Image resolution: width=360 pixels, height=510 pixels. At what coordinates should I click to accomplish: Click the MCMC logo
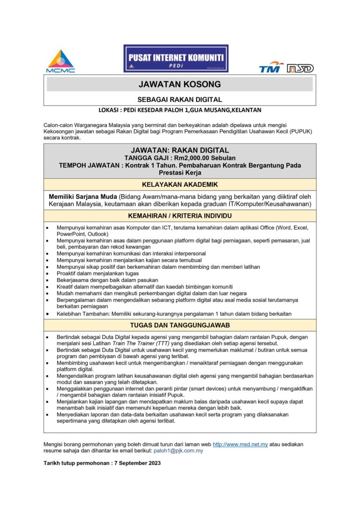60,61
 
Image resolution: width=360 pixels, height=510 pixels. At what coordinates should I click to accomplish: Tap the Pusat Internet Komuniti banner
176,58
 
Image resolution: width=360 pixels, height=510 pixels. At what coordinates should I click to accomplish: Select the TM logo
271,68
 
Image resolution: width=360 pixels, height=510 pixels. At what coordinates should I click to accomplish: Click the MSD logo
300,68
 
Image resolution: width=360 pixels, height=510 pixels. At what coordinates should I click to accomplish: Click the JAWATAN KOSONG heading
180,84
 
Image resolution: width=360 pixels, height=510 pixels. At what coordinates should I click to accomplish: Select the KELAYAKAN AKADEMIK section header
180,184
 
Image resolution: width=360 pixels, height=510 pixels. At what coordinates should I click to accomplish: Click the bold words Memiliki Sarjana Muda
83,196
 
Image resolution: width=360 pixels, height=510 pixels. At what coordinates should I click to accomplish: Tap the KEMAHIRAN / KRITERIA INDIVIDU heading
180,216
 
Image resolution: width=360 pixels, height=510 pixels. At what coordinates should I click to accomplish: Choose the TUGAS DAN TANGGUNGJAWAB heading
180,325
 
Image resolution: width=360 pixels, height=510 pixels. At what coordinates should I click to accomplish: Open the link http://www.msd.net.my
240,444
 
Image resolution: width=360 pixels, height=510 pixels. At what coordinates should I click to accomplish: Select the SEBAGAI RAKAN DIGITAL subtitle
180,99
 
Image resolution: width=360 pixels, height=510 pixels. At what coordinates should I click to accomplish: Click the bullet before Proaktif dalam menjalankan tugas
49,274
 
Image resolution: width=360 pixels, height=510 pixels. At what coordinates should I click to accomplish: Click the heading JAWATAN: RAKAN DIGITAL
180,150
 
